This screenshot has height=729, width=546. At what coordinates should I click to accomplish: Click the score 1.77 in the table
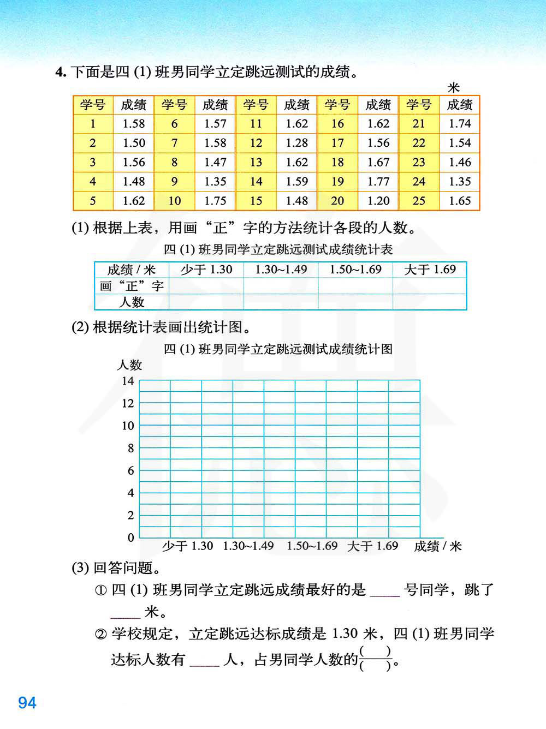(378, 182)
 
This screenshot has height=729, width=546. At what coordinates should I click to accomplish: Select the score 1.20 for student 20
(378, 201)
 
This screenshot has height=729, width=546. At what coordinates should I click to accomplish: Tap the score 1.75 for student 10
(215, 201)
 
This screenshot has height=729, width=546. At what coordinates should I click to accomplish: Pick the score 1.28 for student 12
(296, 143)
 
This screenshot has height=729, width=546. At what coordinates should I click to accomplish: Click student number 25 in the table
(419, 201)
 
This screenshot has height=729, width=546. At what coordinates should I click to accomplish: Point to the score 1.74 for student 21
(460, 124)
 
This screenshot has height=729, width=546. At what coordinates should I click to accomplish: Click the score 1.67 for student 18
(378, 163)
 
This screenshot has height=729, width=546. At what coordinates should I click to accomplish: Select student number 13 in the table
(256, 163)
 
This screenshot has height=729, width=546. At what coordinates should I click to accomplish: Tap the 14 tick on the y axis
(128, 381)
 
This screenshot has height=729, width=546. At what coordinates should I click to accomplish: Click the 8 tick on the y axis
(130, 448)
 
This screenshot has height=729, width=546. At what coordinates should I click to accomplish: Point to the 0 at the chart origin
(130, 537)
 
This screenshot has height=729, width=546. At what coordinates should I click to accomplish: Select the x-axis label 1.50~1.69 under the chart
(312, 546)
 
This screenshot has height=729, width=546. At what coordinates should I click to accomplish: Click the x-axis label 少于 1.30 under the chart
(187, 546)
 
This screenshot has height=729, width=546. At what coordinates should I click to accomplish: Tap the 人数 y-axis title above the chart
(129, 365)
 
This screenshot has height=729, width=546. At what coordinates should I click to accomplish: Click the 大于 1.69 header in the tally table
(430, 270)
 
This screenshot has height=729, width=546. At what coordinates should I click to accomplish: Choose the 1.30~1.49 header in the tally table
(281, 270)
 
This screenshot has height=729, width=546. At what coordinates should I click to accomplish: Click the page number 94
(27, 702)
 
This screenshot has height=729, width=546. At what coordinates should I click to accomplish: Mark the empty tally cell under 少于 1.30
(206, 286)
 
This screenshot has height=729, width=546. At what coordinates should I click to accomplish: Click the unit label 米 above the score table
(454, 88)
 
